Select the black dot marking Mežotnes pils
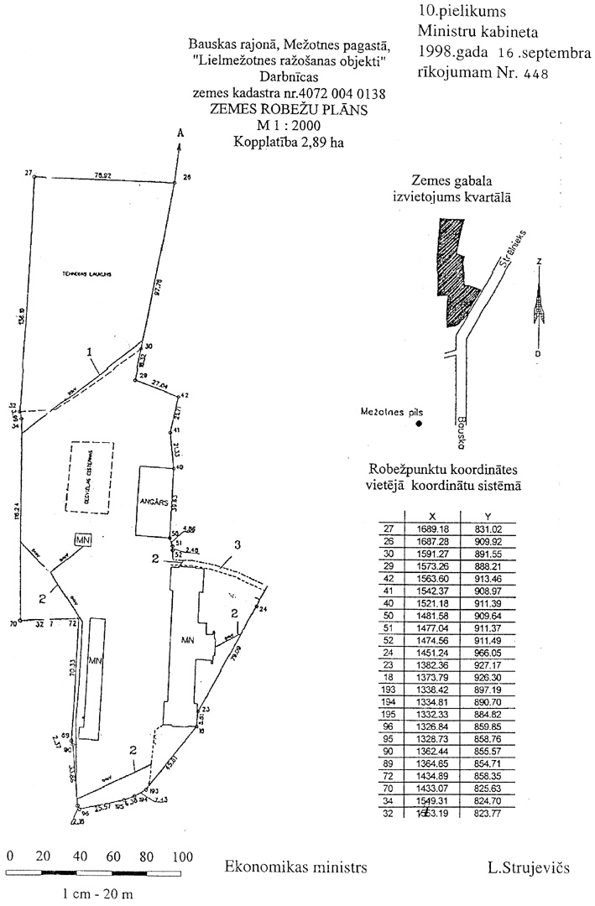419,425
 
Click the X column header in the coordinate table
431,516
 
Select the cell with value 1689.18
431,528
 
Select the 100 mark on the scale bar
181,857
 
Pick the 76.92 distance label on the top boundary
104,176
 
